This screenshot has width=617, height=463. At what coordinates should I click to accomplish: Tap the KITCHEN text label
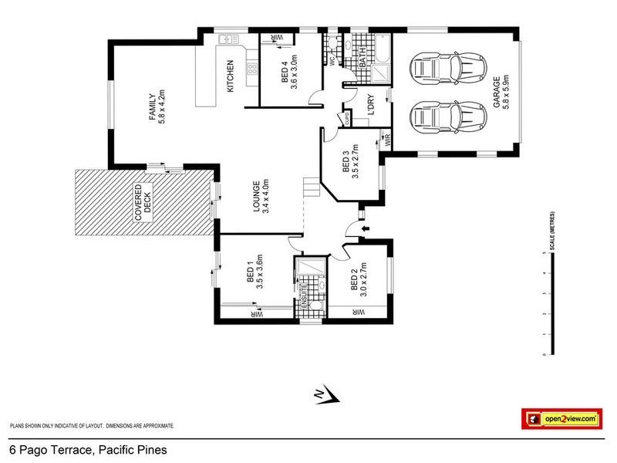point(229,77)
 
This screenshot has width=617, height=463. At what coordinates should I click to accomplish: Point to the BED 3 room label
point(350,161)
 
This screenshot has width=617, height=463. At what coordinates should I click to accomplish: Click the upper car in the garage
point(450,68)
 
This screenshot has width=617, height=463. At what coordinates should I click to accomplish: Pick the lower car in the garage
point(450,118)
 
